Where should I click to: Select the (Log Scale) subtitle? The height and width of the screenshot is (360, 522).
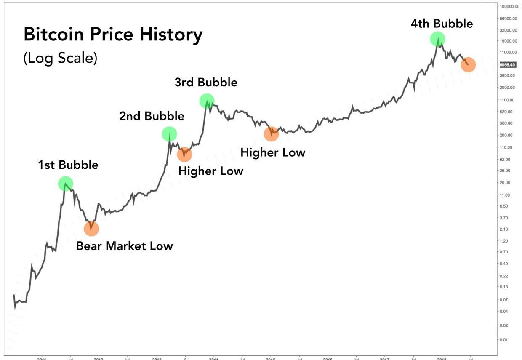(x=60, y=58)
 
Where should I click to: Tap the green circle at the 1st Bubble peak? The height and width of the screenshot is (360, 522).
(x=65, y=183)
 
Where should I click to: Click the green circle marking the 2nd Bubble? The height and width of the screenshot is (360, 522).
(x=169, y=134)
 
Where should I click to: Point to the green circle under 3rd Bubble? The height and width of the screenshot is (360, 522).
(x=207, y=100)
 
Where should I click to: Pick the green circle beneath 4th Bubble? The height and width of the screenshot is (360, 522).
(x=437, y=39)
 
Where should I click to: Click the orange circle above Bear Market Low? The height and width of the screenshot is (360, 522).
(x=91, y=228)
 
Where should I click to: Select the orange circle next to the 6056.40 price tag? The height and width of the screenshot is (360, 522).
(x=468, y=65)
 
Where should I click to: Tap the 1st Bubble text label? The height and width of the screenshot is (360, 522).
(x=68, y=165)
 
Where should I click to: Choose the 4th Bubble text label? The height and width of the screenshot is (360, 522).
(x=442, y=24)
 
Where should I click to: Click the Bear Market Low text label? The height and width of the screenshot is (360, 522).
(x=124, y=246)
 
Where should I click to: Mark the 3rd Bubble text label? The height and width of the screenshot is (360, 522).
(x=206, y=82)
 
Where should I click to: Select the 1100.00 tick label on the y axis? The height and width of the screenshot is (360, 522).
(x=506, y=100)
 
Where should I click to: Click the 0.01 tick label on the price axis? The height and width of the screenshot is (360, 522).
(x=503, y=339)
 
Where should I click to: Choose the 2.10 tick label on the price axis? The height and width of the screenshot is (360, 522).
(x=503, y=229)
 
